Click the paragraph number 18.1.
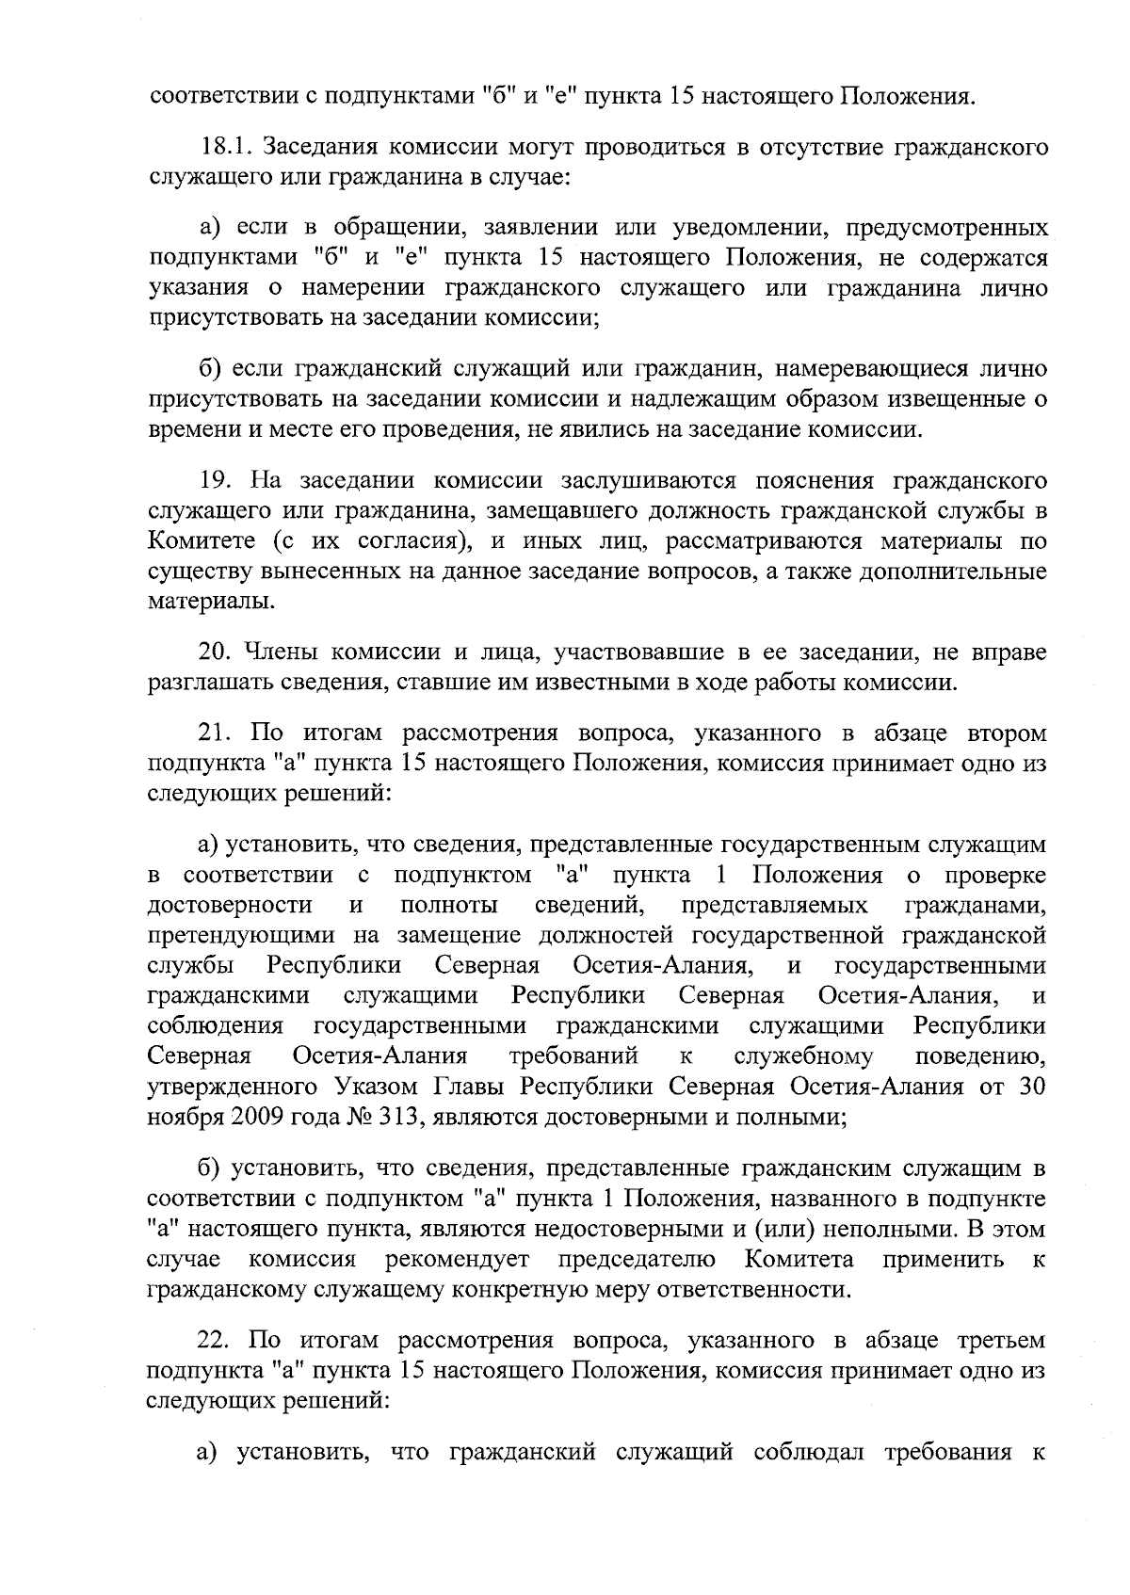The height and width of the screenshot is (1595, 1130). coord(225,148)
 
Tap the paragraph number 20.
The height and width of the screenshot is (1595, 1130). coord(216,652)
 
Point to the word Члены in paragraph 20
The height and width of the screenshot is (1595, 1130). coord(272,652)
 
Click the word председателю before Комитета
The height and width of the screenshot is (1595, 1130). coord(637,1259)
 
